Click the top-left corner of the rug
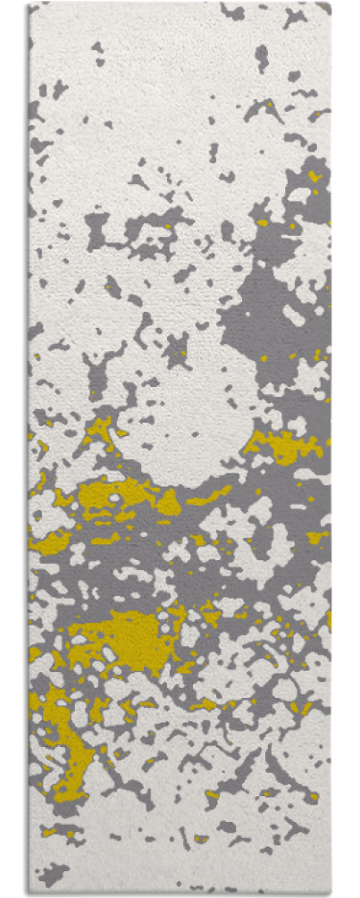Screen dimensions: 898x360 click(x=29, y=4)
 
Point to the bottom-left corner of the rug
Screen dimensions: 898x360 click(x=29, y=894)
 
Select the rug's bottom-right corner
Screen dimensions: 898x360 click(x=330, y=894)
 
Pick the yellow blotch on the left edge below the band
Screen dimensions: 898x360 click(x=49, y=541)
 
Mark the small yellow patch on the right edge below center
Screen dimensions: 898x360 click(x=316, y=537)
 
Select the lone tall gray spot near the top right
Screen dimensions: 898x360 click(x=261, y=58)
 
